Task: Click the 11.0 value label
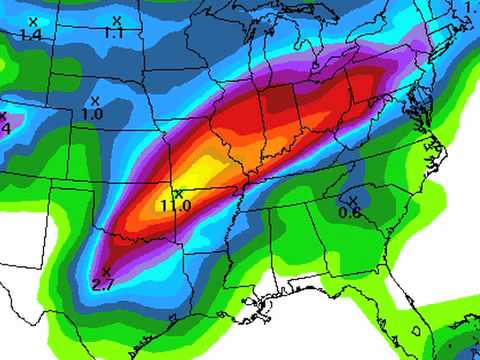click(176, 206)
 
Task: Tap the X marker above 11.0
click(178, 193)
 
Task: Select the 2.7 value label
click(104, 285)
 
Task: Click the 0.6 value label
click(350, 213)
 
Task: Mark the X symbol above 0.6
click(353, 200)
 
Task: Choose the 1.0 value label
click(93, 115)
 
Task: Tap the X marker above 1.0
click(96, 101)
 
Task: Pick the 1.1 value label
click(114, 33)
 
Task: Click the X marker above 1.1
click(117, 20)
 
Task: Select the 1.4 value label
click(30, 34)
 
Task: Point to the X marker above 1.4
click(33, 21)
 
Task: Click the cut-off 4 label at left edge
click(4, 128)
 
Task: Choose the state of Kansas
click(140, 165)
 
